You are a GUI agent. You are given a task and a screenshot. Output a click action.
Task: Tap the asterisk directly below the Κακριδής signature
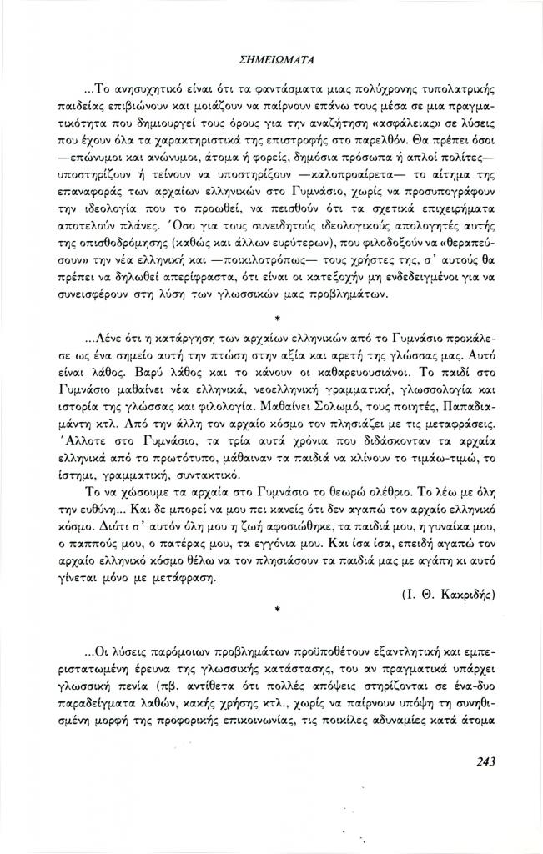(276, 611)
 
